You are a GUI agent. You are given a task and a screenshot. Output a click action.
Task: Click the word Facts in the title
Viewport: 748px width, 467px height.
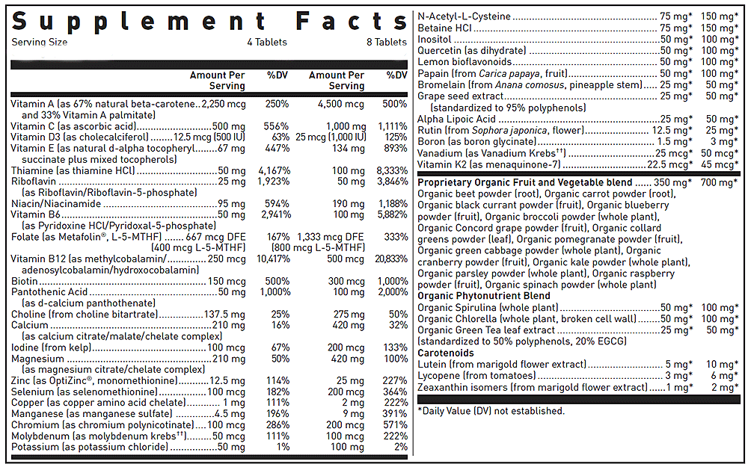tap(351, 22)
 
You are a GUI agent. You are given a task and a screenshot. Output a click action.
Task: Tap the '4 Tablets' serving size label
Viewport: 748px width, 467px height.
tap(267, 43)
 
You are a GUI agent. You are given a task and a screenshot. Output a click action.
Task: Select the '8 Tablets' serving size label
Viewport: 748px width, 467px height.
tap(387, 43)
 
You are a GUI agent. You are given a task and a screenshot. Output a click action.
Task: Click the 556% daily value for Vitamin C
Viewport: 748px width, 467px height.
tap(276, 126)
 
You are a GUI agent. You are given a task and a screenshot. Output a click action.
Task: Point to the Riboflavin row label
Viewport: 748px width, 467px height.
tap(34, 182)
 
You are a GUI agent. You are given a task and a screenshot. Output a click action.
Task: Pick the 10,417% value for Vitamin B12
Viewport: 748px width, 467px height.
tap(273, 259)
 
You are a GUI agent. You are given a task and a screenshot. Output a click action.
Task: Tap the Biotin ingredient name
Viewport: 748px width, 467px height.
tap(25, 281)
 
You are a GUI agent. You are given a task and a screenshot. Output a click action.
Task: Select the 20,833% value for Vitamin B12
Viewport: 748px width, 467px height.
tap(391, 259)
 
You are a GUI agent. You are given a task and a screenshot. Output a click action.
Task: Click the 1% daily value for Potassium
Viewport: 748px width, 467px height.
tap(283, 447)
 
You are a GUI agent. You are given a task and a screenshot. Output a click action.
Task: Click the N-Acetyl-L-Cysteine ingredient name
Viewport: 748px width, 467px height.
tap(465, 16)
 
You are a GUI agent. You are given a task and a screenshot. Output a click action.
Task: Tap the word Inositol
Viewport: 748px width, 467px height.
tap(434, 39)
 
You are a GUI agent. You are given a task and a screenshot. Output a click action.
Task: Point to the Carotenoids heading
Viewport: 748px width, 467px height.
tap(446, 353)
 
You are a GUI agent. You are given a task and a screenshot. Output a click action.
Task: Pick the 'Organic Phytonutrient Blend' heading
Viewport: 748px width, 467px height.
tap(484, 296)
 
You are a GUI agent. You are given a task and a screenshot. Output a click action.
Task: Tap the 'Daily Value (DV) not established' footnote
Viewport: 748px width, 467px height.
tap(491, 411)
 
